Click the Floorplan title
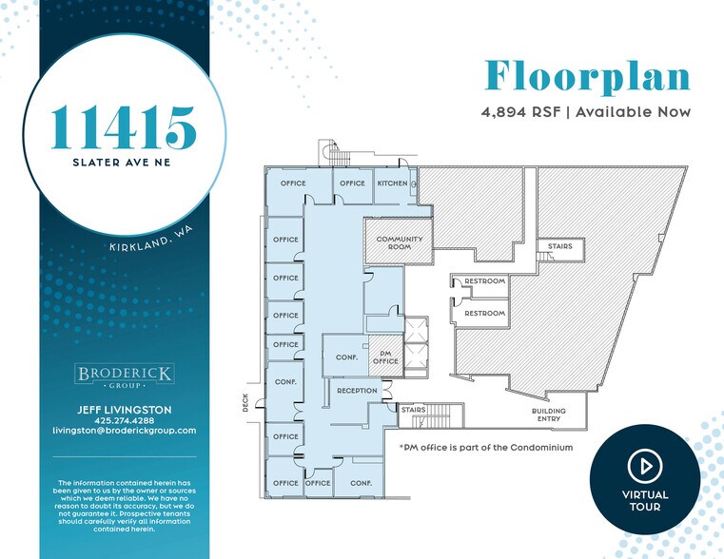pos(587,77)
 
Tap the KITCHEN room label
pos(392,183)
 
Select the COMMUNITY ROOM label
pos(400,242)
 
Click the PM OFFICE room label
pos(385,357)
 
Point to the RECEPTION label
pos(358,391)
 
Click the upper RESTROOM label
pos(484,281)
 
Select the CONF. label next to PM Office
pos(345,357)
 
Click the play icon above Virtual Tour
pos(644,466)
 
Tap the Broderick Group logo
pos(124,376)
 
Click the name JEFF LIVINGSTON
pos(124,410)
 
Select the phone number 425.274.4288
pos(124,420)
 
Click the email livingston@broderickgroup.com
pos(124,431)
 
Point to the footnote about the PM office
pos(485,446)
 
